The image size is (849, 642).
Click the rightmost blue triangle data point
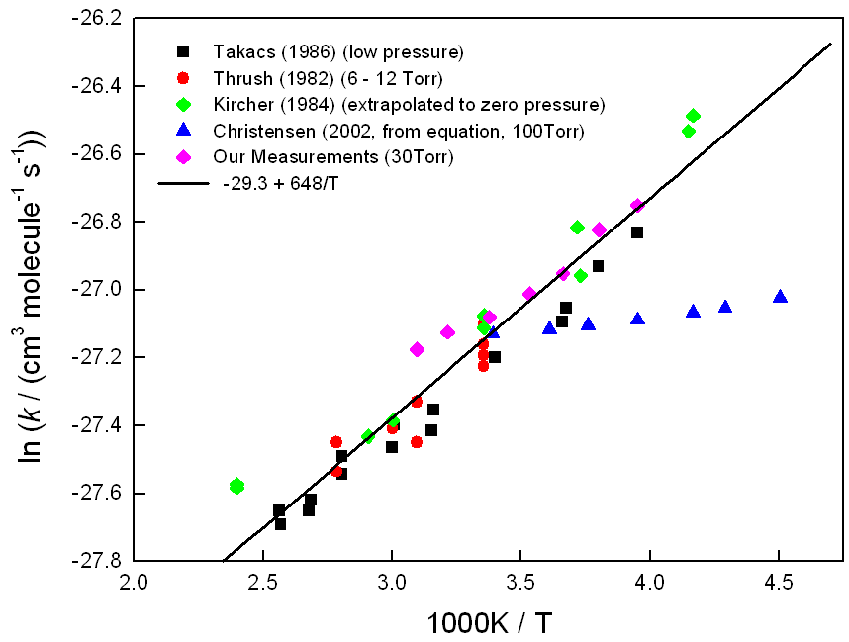(780, 297)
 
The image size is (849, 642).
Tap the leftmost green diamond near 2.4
(236, 486)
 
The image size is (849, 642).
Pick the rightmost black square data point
(637, 232)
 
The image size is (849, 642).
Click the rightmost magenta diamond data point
(637, 206)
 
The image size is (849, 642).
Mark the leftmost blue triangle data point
(493, 332)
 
